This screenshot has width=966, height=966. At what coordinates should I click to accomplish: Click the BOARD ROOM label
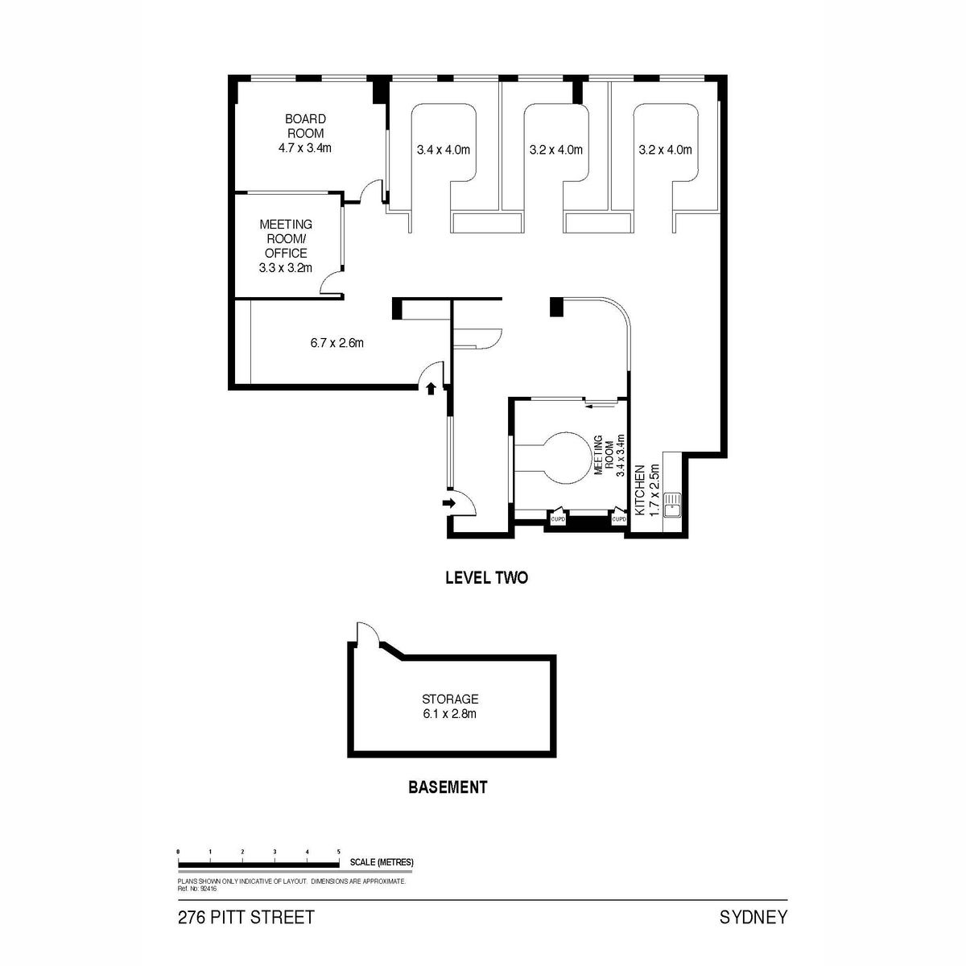[x=305, y=126]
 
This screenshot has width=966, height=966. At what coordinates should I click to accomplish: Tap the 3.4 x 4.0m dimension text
[x=443, y=150]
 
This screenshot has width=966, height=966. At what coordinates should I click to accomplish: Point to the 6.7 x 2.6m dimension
[x=336, y=343]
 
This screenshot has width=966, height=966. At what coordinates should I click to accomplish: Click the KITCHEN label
[x=640, y=489]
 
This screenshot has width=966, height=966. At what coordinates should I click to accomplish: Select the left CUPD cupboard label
[x=557, y=519]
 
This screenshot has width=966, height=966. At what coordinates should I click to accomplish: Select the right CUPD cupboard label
[x=619, y=519]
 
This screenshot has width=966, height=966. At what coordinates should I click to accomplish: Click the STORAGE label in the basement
[x=450, y=699]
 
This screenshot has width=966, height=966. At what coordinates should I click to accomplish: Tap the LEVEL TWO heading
[x=486, y=577]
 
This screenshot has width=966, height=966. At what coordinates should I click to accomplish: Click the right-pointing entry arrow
[x=448, y=503]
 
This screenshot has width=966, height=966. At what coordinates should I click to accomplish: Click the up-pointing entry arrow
[x=431, y=389]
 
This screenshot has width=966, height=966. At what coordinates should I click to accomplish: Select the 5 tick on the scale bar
[x=339, y=851]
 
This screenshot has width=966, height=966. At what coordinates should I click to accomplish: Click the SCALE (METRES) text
[x=382, y=862]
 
